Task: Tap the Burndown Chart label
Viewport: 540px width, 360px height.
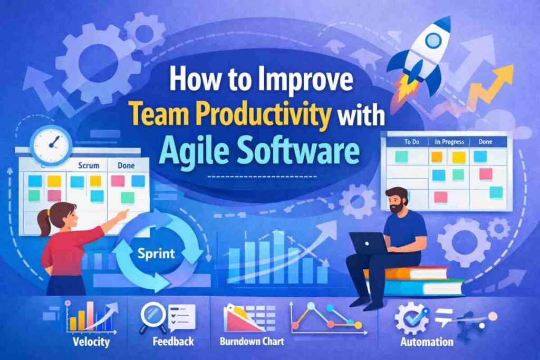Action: [x=252, y=342]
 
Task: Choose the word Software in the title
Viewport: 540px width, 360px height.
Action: [x=303, y=149]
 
